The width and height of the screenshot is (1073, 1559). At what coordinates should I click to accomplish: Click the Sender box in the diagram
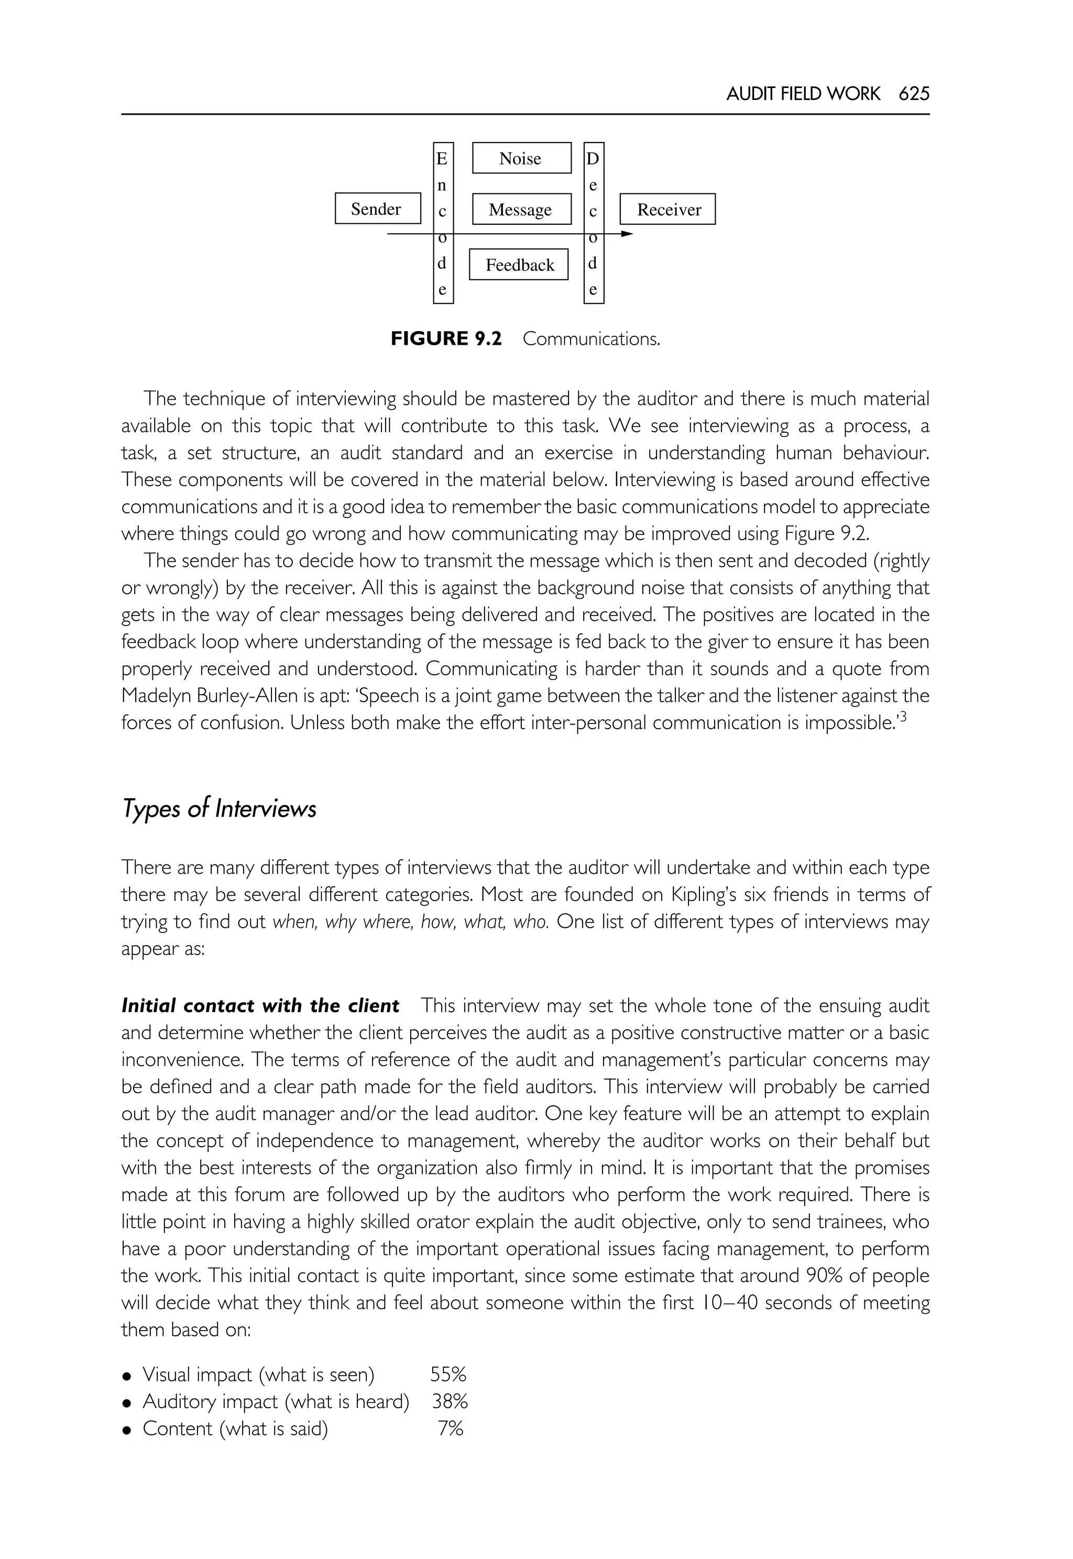point(378,209)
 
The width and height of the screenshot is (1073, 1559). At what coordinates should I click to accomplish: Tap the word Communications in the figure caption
point(591,339)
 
